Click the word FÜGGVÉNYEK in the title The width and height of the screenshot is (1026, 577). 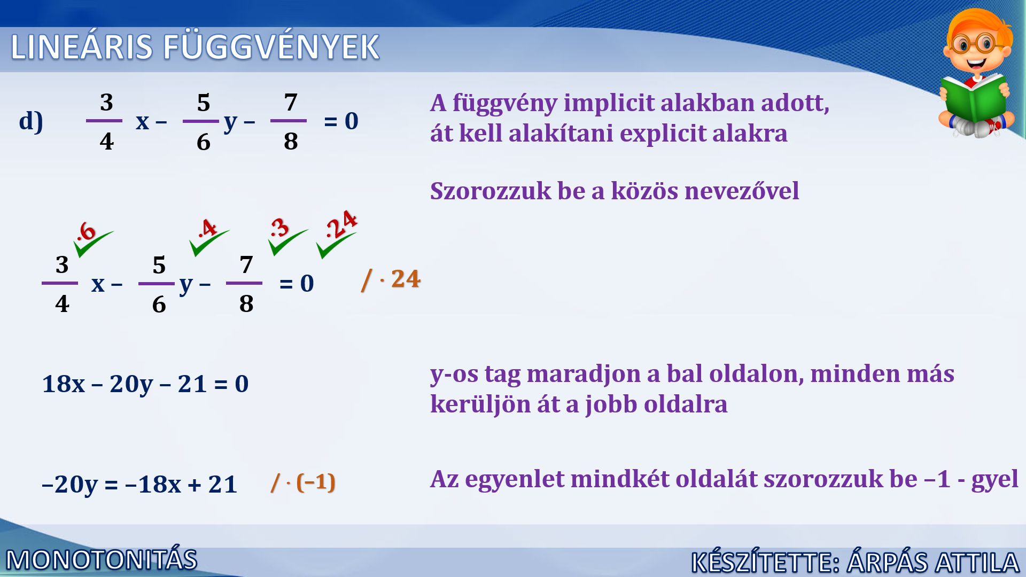(271, 47)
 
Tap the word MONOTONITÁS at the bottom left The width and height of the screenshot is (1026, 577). (102, 560)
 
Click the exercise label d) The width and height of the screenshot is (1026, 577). (31, 121)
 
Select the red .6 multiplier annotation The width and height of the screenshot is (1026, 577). (86, 232)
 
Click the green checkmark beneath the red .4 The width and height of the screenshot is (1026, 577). (209, 243)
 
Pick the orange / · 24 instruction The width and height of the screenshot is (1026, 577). (391, 279)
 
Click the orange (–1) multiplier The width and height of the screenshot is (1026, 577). (316, 482)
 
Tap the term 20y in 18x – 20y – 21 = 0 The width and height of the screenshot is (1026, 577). (131, 384)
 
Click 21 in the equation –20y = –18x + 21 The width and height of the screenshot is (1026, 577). (223, 485)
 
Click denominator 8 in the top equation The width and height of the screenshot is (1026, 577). (291, 142)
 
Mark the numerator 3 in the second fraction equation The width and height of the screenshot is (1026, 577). (62, 264)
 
